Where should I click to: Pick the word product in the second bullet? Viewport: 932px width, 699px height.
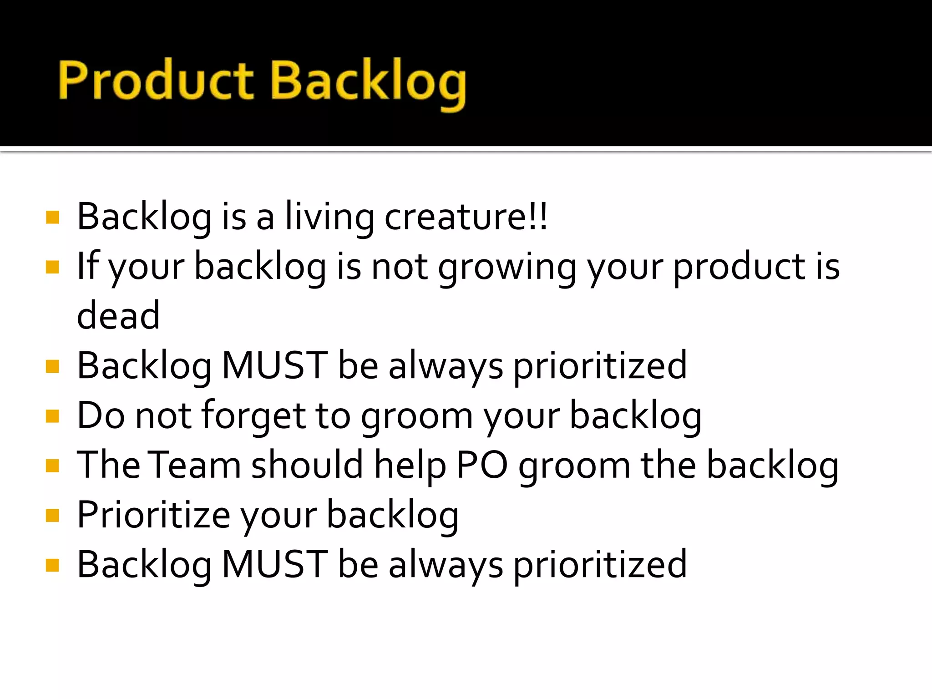pos(740,267)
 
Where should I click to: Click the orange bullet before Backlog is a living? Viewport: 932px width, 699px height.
pos(53,218)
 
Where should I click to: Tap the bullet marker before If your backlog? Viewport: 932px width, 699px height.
pos(53,267)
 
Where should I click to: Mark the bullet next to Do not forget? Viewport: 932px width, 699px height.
pos(53,416)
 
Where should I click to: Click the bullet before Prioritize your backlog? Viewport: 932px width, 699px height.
pos(53,515)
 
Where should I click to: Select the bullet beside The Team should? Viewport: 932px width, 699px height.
pos(53,466)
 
